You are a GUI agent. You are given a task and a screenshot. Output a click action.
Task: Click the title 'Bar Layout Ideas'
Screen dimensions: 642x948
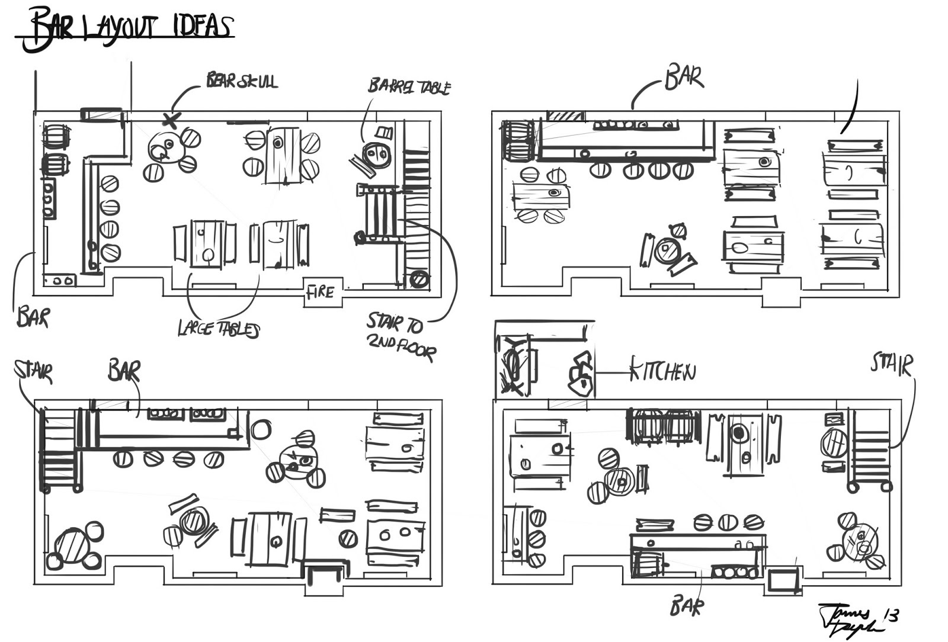[127, 28]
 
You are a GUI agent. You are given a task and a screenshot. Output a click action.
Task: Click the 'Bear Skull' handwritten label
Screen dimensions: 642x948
[241, 81]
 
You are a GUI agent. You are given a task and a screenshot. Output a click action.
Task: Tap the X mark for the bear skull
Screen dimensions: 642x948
[171, 121]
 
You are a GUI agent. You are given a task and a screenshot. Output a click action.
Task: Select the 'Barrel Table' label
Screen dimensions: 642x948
[409, 86]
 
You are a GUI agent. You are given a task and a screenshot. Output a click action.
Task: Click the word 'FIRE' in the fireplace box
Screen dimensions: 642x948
[321, 292]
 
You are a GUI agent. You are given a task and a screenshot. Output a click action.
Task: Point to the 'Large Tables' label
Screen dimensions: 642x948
[218, 329]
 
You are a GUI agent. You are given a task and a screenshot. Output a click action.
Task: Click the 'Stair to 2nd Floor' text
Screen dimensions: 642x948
[401, 336]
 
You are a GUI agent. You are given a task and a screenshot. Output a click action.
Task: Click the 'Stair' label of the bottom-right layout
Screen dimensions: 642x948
[891, 364]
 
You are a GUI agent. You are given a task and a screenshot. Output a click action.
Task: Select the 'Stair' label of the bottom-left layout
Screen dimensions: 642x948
[34, 372]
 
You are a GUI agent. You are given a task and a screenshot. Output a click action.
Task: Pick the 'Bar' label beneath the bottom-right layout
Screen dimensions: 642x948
[687, 606]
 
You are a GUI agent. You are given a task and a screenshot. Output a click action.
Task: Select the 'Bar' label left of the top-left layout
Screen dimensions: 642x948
[33, 317]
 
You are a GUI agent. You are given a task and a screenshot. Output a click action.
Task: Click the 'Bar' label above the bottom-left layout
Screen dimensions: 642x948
[124, 371]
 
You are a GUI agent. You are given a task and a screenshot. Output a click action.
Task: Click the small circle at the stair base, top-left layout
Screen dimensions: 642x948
[419, 278]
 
